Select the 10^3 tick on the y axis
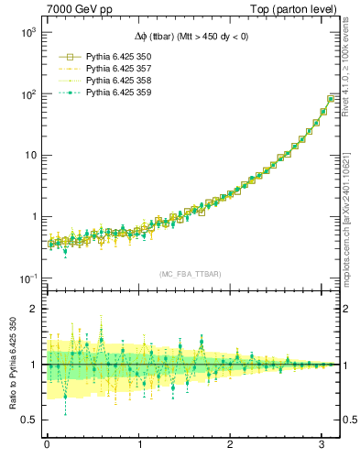pos(27,32)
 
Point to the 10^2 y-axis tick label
pos(27,93)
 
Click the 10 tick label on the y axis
pos(29,155)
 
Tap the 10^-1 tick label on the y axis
pos(27,278)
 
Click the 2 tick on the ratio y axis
pos(33,309)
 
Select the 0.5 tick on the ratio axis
pos(29,420)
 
